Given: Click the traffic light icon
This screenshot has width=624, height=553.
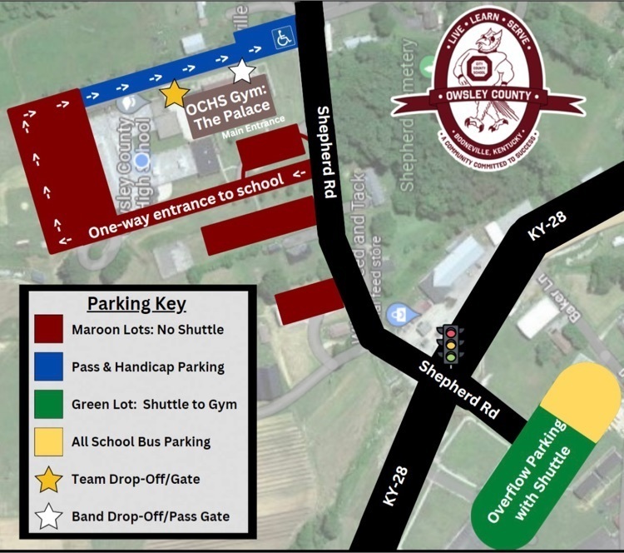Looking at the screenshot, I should click(451, 343).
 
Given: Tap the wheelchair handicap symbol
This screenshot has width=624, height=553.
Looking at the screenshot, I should click(284, 37).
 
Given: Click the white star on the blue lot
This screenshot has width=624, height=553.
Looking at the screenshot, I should click(241, 70).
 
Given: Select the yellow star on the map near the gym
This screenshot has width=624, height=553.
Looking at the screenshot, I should click(174, 94).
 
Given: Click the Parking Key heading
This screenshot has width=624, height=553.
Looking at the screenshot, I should click(136, 303).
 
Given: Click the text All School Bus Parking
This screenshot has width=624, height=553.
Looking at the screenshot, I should click(141, 442).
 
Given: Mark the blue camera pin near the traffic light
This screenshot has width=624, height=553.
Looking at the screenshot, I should click(401, 314).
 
